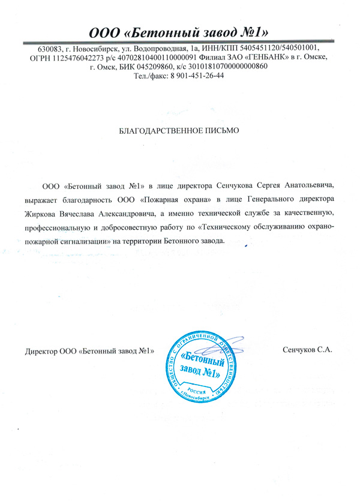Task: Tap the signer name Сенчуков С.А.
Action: point(307,349)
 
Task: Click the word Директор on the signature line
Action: point(37,350)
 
